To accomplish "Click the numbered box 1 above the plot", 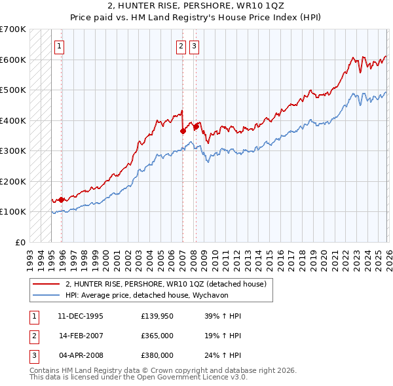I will pos(60,46).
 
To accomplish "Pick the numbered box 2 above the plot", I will pos(180,46).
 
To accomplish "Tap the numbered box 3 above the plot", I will pos(195,46).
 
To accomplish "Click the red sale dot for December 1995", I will pos(61,200).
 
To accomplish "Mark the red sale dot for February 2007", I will pos(182,131).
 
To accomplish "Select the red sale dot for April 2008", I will pos(196,126).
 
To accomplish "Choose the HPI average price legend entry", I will pos(151,295).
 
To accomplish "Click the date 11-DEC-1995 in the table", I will pos(81,316).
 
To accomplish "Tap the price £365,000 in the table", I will pos(157,336).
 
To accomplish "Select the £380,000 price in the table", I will pos(157,355).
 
